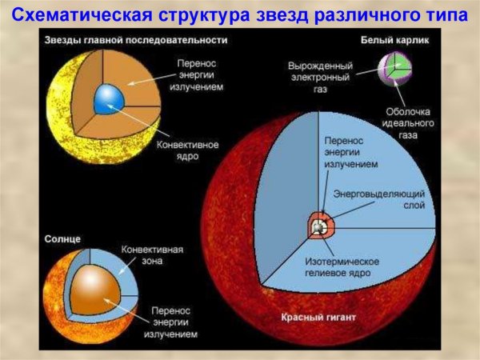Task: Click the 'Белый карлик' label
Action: coord(391,40)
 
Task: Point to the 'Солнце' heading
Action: coord(63,239)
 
